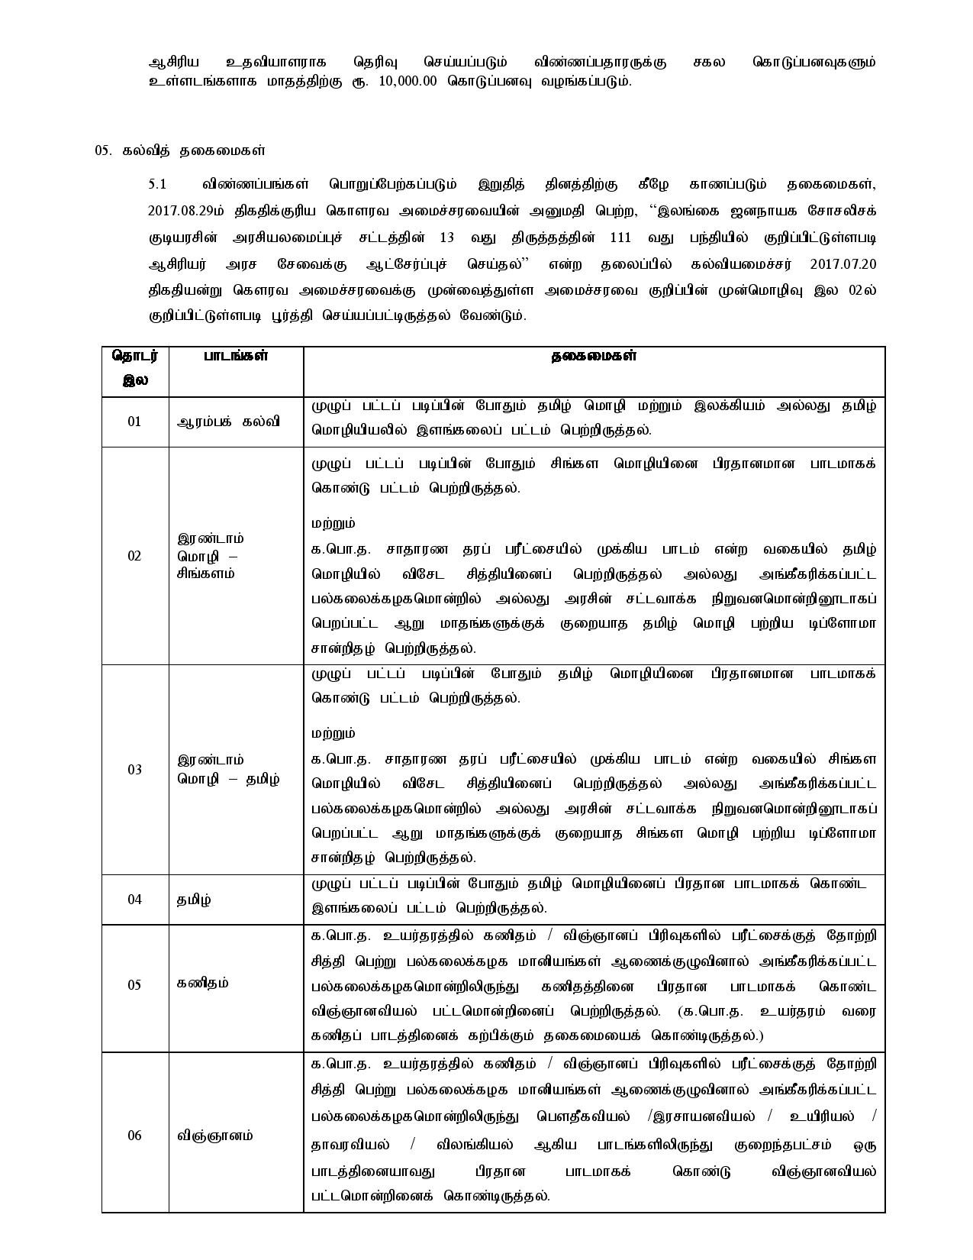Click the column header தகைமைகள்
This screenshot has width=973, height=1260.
click(594, 357)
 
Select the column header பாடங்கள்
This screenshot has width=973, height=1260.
click(236, 357)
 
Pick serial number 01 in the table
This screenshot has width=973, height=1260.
click(134, 422)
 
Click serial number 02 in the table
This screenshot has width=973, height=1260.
click(134, 555)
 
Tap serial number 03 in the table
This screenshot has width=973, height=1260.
click(134, 769)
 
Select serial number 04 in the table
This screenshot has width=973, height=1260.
click(134, 899)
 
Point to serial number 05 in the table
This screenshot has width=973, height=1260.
click(134, 984)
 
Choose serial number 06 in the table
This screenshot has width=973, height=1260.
click(134, 1136)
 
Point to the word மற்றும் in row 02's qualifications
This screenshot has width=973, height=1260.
click(333, 524)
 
